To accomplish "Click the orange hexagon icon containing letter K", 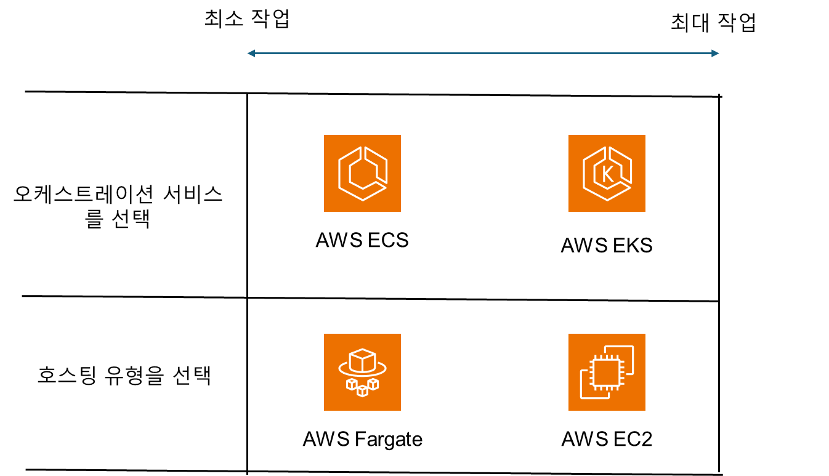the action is (607, 173).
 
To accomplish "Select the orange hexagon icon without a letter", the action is (362, 173).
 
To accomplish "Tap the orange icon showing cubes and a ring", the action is (362, 372).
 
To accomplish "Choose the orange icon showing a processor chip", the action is (607, 372).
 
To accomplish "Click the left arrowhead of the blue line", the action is (251, 54).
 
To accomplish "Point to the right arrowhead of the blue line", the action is (716, 54).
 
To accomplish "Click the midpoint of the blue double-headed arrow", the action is (483, 54).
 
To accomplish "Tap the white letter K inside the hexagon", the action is (607, 174).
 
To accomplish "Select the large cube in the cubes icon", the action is (362, 361).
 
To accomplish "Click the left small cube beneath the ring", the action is (352, 384).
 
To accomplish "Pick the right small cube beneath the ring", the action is (373, 384).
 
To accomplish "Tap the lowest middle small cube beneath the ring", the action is (362, 391).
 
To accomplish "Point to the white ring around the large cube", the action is (343, 370).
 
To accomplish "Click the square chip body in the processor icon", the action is (606, 373).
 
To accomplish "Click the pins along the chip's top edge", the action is (606, 357).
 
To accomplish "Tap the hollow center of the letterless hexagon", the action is (363, 173).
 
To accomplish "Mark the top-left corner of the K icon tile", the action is (569, 135).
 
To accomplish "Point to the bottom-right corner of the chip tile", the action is (644, 409).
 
